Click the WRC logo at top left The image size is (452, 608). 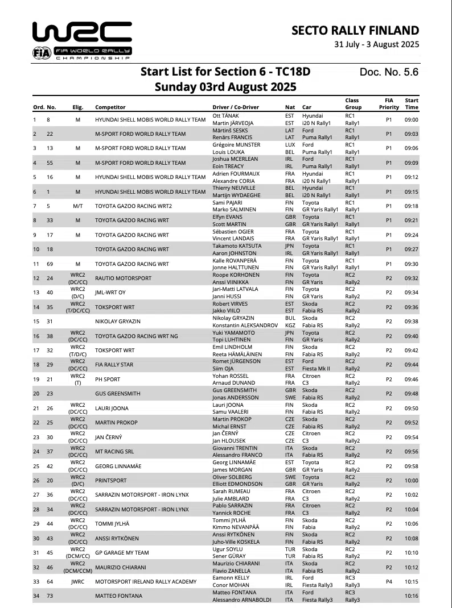[82, 40]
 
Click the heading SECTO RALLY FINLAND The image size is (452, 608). [355, 31]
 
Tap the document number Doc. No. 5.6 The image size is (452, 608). [389, 72]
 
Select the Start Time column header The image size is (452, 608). [411, 103]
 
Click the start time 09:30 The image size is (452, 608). [411, 264]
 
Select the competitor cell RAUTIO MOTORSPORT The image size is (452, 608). [123, 278]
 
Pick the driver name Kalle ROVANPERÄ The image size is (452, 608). [235, 260]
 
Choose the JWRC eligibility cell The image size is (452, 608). [78, 581]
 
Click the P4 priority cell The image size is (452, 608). [388, 581]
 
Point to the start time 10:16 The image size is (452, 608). [411, 595]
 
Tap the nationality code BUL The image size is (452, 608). [290, 318]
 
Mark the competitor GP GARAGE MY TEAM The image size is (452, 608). [121, 552]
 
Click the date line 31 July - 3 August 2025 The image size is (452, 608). [376, 44]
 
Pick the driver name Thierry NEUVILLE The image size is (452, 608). [235, 188]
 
